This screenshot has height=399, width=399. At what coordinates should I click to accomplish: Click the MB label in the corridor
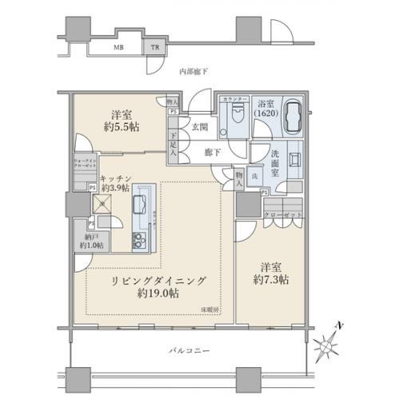click(x=118, y=47)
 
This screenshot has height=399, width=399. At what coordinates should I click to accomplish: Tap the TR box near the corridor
click(x=155, y=47)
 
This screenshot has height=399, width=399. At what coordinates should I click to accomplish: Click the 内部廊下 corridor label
click(x=193, y=73)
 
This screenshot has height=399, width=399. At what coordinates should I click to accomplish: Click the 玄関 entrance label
click(x=199, y=127)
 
